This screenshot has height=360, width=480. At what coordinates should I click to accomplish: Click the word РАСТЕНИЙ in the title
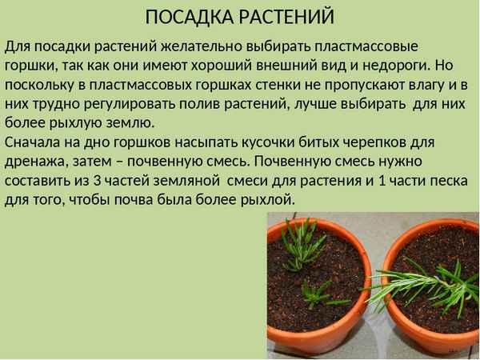click(286, 17)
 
